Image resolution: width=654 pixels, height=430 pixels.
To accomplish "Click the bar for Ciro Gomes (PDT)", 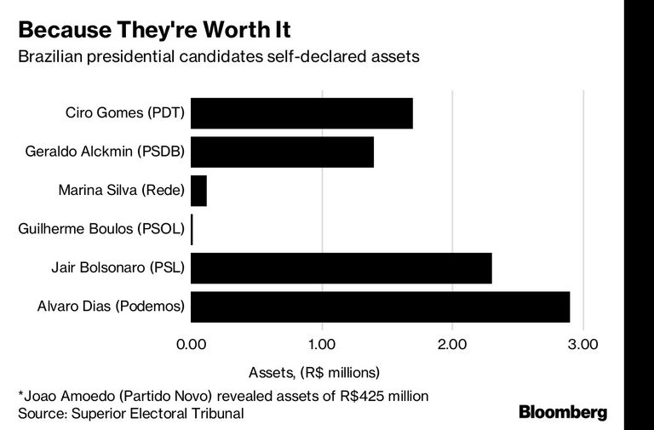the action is pyautogui.click(x=301, y=113).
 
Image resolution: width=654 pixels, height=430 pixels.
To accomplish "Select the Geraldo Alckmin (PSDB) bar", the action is pyautogui.click(x=282, y=152).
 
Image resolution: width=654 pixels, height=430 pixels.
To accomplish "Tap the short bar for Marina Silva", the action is pyautogui.click(x=198, y=191).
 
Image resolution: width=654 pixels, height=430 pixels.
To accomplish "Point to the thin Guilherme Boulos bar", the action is pyautogui.click(x=192, y=229).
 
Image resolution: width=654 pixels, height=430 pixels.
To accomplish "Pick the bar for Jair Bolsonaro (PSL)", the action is pyautogui.click(x=341, y=268).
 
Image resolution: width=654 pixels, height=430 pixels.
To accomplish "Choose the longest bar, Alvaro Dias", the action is pyautogui.click(x=381, y=307).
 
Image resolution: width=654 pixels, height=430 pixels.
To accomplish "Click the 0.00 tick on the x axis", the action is pyautogui.click(x=191, y=345).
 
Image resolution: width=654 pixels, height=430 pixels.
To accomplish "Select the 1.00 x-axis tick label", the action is pyautogui.click(x=322, y=345).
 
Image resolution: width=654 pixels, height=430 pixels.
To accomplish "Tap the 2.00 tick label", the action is pyautogui.click(x=452, y=345).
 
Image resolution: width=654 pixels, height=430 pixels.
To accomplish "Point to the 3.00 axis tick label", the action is pyautogui.click(x=583, y=345).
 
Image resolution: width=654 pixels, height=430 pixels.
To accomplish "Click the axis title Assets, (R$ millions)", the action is pyautogui.click(x=314, y=372).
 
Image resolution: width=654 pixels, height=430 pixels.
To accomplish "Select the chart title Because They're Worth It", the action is pyautogui.click(x=154, y=30).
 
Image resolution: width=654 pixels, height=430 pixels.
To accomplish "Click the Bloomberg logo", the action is pyautogui.click(x=563, y=412).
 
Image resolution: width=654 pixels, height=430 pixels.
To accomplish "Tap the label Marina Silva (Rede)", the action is pyautogui.click(x=122, y=190).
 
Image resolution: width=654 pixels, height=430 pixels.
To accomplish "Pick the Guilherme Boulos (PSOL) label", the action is pyautogui.click(x=101, y=229).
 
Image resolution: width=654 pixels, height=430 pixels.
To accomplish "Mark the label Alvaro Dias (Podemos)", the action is pyautogui.click(x=111, y=307).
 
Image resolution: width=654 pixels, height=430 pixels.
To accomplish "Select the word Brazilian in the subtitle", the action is pyautogui.click(x=50, y=56).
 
